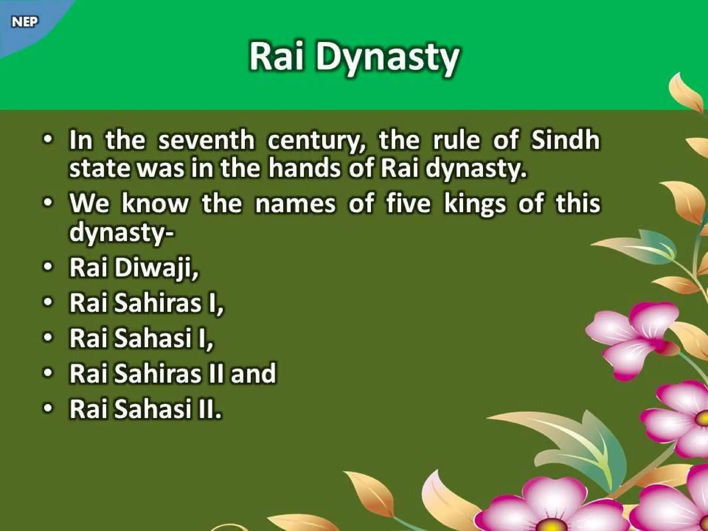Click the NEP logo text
pos(25,22)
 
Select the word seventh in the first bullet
pos(206,141)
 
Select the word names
pos(295,204)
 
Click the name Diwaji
pos(157,268)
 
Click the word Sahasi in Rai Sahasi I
pos(153,338)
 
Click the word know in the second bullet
pos(155,204)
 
